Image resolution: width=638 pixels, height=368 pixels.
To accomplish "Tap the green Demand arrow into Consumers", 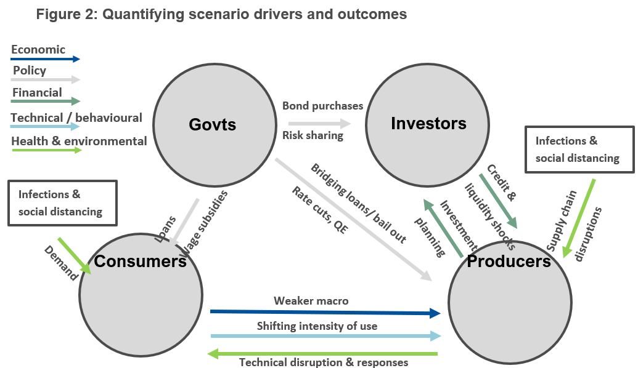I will point(74,254).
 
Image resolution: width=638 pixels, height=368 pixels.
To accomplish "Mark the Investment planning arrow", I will point(443,228).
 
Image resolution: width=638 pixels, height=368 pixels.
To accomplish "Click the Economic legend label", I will point(38,49).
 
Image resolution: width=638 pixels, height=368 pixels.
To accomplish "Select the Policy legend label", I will point(30,70).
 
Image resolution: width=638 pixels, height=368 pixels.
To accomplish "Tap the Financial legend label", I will point(37,93).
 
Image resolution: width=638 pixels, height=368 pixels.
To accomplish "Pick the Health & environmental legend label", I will point(79,141).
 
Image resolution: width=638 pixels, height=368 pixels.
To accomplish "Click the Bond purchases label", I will point(322,106).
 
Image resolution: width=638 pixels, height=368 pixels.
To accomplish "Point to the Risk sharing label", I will point(313,135).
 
